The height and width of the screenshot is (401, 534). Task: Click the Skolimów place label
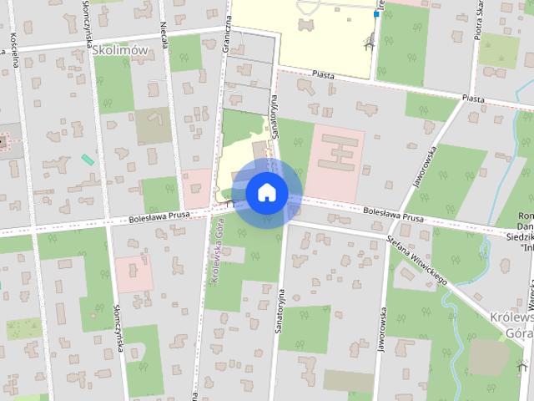(x=120, y=50)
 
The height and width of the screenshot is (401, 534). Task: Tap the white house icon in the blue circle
(x=267, y=192)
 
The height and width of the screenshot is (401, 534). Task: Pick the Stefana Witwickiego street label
(x=417, y=259)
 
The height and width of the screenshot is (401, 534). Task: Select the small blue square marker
(x=377, y=14)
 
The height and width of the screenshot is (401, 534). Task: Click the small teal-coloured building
(x=88, y=159)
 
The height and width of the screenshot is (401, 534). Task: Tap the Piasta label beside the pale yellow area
(x=322, y=75)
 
